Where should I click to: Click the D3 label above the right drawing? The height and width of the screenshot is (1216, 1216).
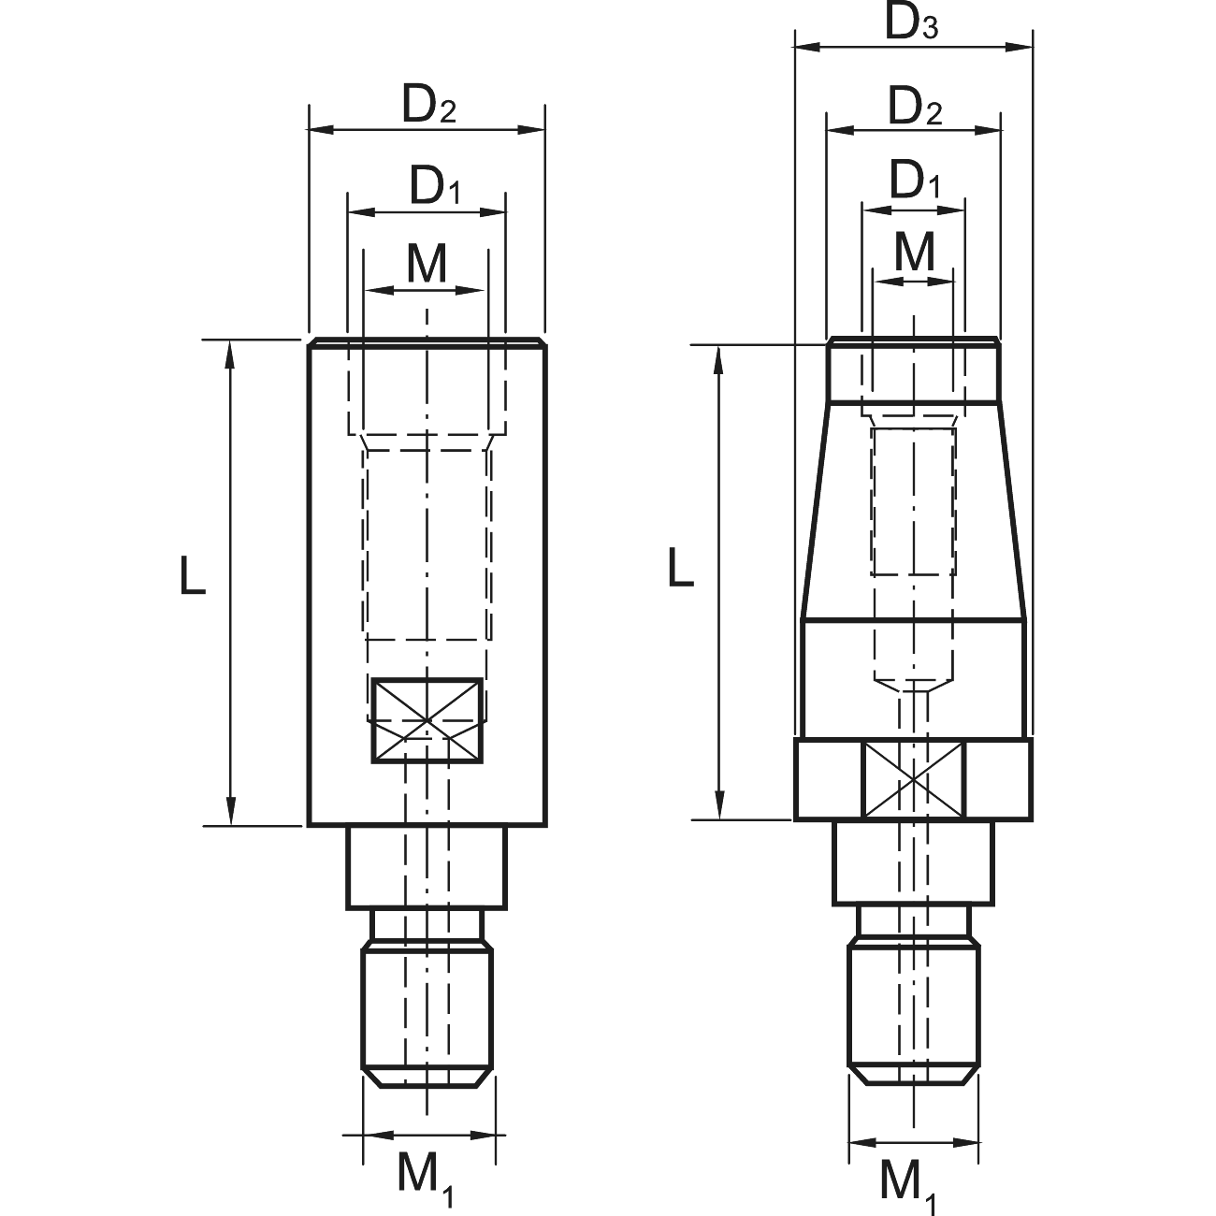(x=911, y=23)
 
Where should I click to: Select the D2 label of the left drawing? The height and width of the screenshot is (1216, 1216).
(x=429, y=106)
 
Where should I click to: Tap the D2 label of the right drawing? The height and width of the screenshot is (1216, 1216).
(x=915, y=107)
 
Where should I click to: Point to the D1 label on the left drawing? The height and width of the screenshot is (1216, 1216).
(x=435, y=185)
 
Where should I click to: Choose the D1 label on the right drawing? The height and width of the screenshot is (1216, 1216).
(x=915, y=181)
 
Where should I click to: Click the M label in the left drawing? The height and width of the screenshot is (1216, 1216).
(x=427, y=263)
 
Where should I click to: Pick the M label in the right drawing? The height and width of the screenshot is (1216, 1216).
(x=915, y=252)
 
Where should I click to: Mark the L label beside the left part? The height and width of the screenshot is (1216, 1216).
(x=193, y=575)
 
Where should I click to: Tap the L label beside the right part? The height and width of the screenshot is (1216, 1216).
(x=681, y=567)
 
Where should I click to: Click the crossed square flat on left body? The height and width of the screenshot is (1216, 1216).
(x=427, y=720)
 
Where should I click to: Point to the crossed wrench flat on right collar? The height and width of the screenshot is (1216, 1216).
(x=913, y=780)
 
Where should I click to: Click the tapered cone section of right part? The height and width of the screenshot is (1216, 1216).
(x=913, y=510)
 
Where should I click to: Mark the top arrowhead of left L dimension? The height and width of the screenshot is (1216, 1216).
(x=230, y=354)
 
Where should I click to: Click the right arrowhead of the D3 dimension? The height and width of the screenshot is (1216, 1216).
(x=1020, y=47)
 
